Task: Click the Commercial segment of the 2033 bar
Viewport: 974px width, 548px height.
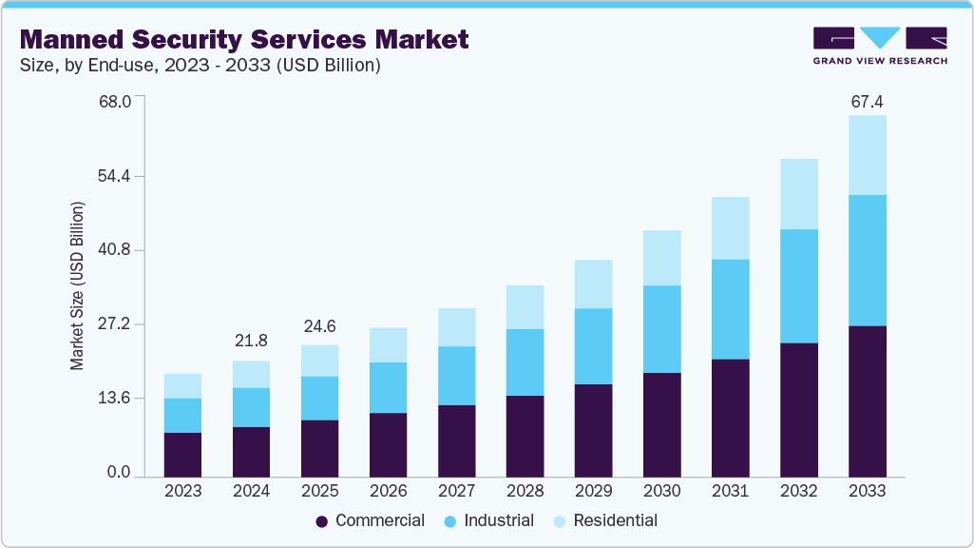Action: click(867, 401)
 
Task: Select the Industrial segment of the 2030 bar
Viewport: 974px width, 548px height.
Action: click(661, 329)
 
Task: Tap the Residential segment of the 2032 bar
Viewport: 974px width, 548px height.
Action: click(798, 194)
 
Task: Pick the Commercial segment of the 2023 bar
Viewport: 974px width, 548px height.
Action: click(182, 454)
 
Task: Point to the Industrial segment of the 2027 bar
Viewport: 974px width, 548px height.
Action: click(456, 376)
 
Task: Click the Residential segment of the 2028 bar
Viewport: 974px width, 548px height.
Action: click(525, 307)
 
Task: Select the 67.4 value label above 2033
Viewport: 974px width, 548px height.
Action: click(867, 102)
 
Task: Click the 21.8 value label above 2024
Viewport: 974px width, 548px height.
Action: click(251, 341)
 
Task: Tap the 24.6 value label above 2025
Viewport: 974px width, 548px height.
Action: click(319, 326)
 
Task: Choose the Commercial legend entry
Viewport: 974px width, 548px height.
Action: click(371, 520)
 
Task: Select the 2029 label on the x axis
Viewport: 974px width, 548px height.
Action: click(593, 491)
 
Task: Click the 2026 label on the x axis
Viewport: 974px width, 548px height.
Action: click(388, 491)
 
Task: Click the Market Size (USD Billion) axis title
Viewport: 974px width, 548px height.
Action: click(77, 286)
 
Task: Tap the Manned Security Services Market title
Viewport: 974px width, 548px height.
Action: click(244, 39)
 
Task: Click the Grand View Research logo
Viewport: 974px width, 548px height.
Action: click(880, 46)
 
